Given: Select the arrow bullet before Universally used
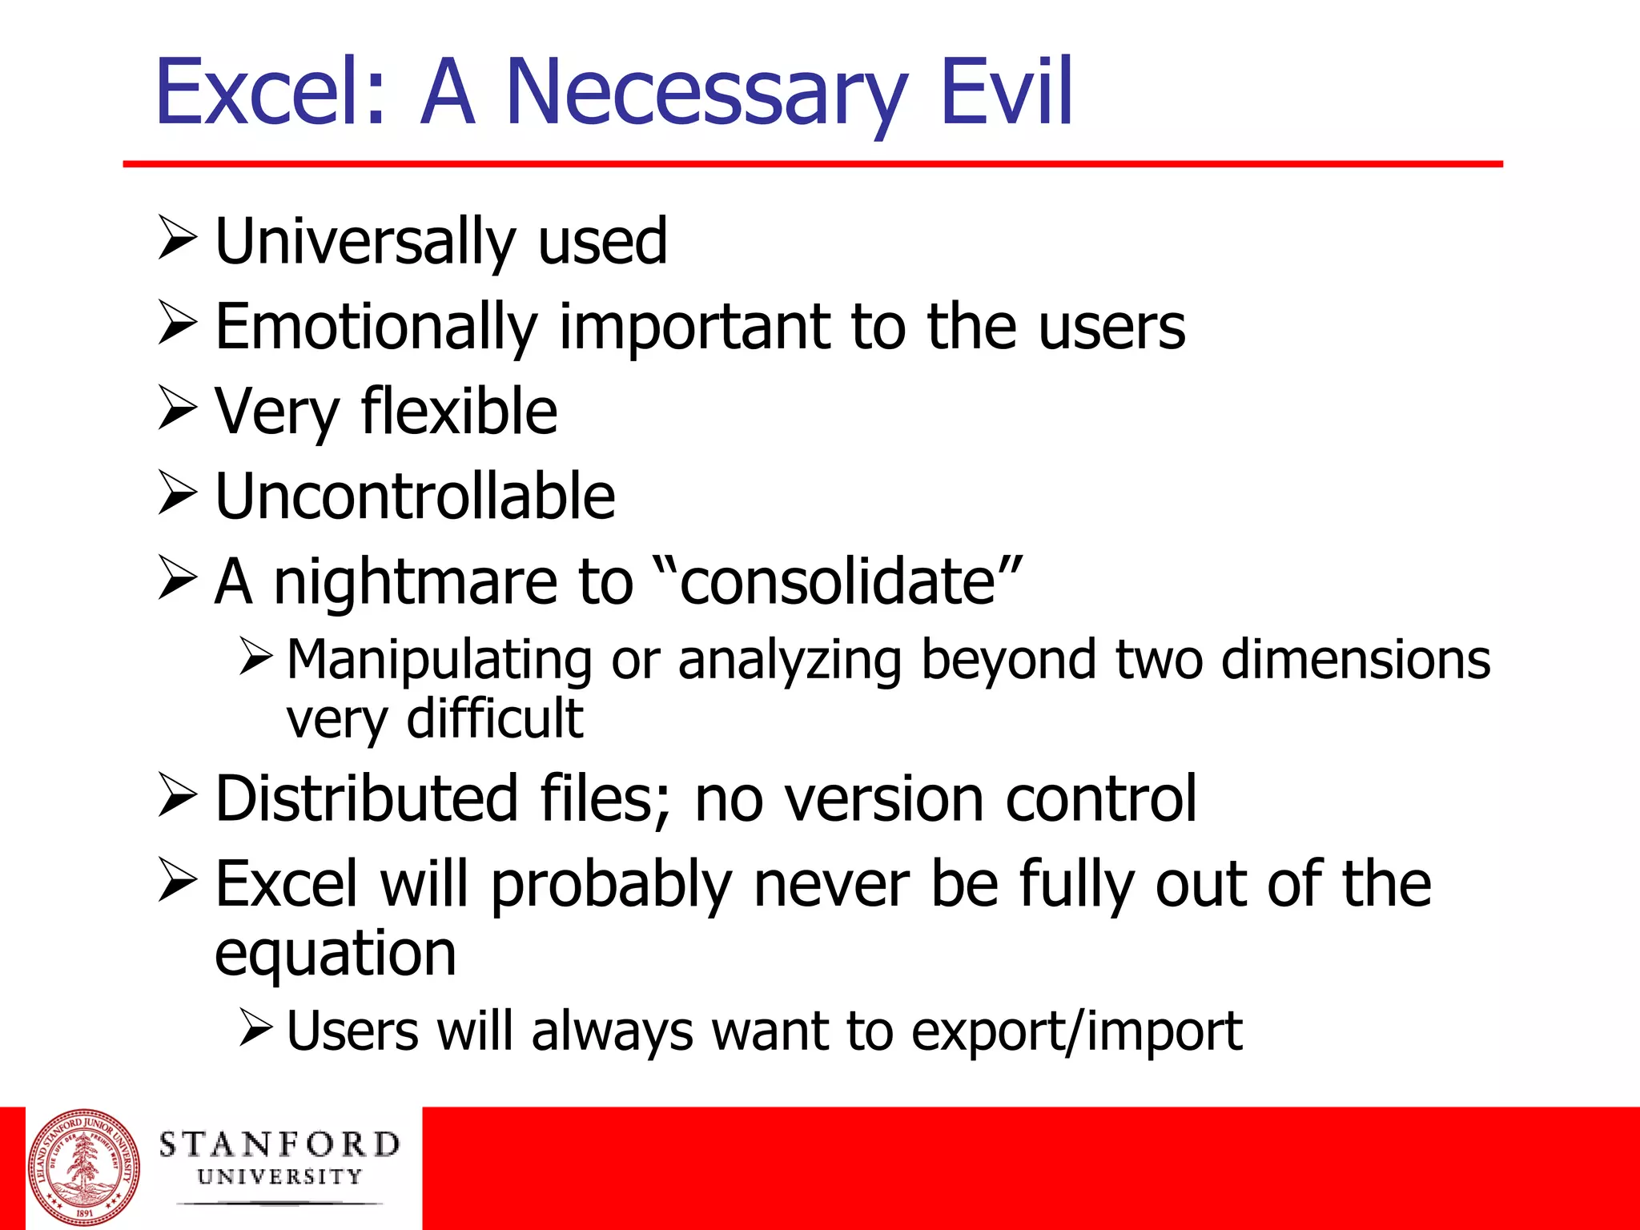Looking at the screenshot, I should pyautogui.click(x=177, y=238).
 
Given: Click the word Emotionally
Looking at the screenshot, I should pyautogui.click(x=376, y=328).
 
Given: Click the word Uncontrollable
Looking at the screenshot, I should pyautogui.click(x=415, y=496).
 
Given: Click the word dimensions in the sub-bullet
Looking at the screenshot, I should pyautogui.click(x=1356, y=660).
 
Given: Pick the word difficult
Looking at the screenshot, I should pyautogui.click(x=494, y=718).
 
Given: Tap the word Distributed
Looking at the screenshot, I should pyautogui.click(x=367, y=798).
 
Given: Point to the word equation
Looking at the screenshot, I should pyautogui.click(x=336, y=955).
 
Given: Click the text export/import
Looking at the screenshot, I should pyautogui.click(x=1077, y=1032).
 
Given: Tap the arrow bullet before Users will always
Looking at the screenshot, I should pyautogui.click(x=255, y=1027).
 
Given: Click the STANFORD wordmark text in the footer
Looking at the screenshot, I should pyautogui.click(x=279, y=1145).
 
